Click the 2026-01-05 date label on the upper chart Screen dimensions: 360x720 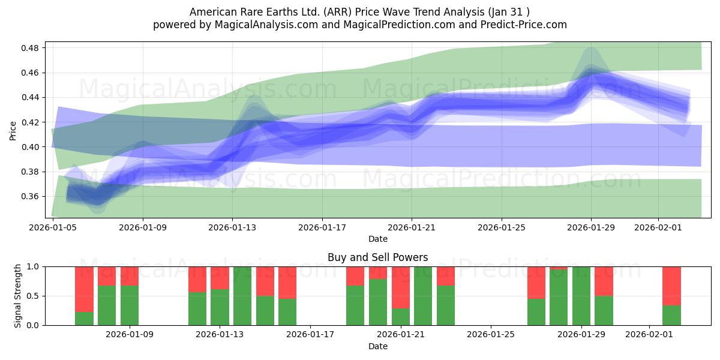[53, 227]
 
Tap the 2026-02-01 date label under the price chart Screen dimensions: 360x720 [658, 227]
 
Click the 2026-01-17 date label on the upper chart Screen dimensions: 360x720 [322, 227]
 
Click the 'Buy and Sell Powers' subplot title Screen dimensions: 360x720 [377, 257]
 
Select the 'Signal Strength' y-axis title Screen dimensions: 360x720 [18, 296]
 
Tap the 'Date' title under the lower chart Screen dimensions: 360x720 [377, 346]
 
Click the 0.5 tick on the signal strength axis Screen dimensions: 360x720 [34, 296]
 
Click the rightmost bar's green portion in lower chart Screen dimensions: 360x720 [671, 316]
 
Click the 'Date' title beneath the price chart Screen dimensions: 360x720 [377, 239]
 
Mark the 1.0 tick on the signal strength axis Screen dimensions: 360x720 [34, 266]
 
